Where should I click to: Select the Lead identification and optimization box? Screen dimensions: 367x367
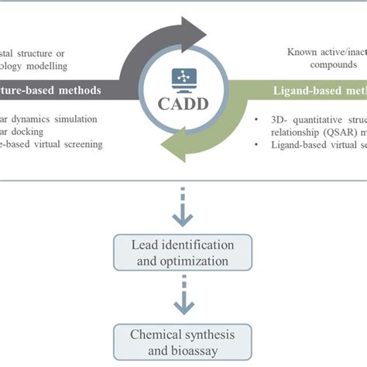183,252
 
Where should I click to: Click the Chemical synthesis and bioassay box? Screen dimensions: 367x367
183,341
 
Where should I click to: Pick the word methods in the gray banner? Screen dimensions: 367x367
77,91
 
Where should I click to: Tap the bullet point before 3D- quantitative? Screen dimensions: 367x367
256,120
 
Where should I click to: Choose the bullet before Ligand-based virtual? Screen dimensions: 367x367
256,143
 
